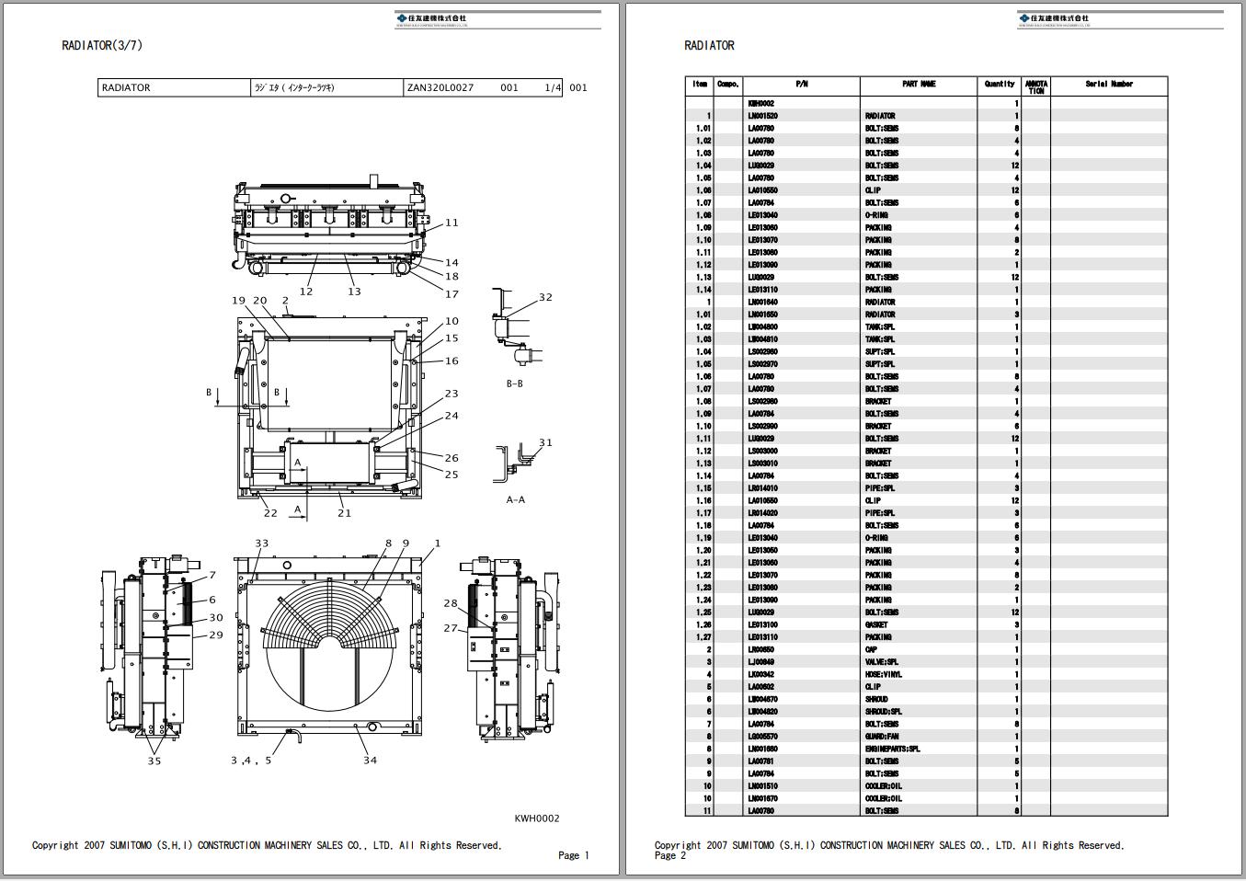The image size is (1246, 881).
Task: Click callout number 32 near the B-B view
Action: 545,297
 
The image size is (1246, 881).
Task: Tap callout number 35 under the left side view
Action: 154,761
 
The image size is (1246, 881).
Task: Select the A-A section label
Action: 515,500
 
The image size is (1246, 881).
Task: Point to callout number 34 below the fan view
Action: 370,760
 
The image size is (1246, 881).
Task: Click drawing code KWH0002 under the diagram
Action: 536,818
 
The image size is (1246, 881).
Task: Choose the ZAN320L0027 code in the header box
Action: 440,88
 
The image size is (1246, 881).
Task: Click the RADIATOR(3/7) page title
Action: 102,45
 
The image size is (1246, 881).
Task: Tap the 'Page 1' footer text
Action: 573,855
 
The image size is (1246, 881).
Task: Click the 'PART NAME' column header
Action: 919,85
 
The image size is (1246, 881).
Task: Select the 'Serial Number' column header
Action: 1108,85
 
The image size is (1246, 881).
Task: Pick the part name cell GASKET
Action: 876,624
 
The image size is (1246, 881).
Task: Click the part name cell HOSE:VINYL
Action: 884,674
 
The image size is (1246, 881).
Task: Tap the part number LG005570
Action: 762,737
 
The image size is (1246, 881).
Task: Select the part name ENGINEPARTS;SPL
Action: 892,749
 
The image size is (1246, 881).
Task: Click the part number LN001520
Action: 762,116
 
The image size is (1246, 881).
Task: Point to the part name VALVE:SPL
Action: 882,662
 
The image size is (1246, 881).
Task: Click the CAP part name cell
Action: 873,649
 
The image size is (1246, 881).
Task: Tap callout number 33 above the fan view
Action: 262,543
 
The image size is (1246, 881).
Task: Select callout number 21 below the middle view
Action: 344,513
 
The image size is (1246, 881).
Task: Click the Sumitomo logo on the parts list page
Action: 1053,19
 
